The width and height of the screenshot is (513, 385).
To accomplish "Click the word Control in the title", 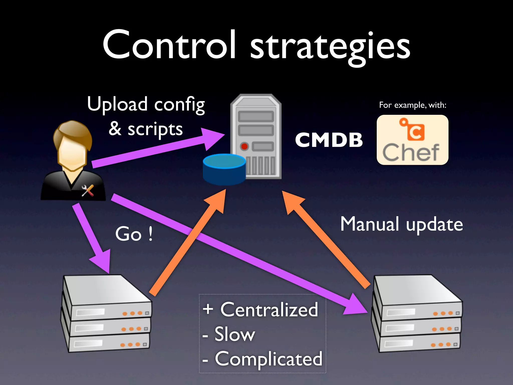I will pos(169,45).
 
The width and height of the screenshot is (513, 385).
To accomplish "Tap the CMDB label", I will pos(329,140).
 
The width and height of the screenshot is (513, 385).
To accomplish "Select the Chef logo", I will pos(412,140).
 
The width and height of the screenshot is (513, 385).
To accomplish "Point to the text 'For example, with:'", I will pos(413,105).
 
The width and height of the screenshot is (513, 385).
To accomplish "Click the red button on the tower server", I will pos(244,146).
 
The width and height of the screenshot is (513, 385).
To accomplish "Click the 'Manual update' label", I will pos(402,224).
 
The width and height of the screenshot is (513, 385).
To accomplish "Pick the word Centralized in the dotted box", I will pos(269,310).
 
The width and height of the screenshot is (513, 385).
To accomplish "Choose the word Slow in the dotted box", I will pos(235,334).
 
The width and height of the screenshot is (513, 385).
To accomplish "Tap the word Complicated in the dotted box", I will pos(269,359).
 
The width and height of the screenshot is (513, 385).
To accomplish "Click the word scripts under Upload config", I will pos(155,130).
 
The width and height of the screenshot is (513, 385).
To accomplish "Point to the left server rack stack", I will pos(106,313).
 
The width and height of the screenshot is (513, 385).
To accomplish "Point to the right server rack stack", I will pos(417,313).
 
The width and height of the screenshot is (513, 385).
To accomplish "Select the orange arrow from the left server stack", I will pos(188,243).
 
